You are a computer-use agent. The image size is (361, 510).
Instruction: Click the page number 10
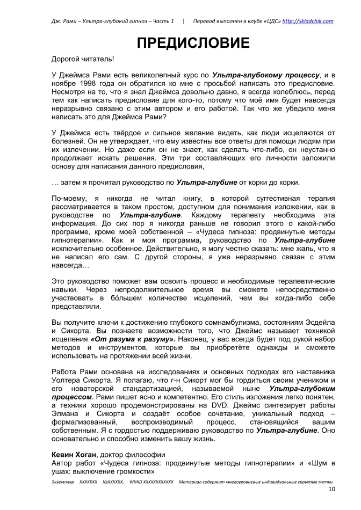331,490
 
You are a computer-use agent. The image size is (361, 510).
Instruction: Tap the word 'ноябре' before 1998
64,84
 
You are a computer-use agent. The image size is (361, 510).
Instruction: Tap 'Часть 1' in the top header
161,21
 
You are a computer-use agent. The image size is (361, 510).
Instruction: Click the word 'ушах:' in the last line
62,472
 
